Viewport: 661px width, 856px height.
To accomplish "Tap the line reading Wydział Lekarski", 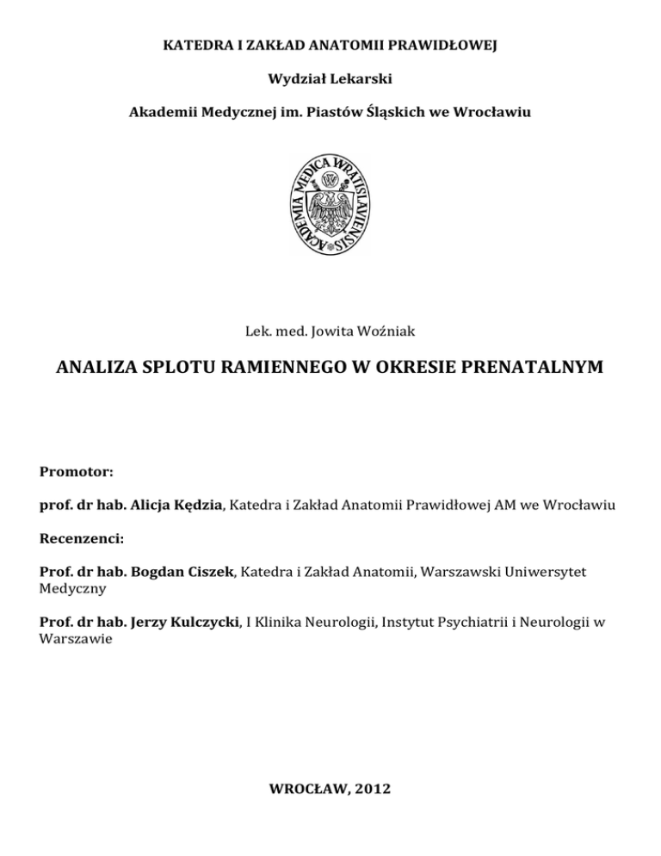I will [330, 78].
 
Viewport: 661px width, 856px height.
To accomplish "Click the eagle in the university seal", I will [330, 204].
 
